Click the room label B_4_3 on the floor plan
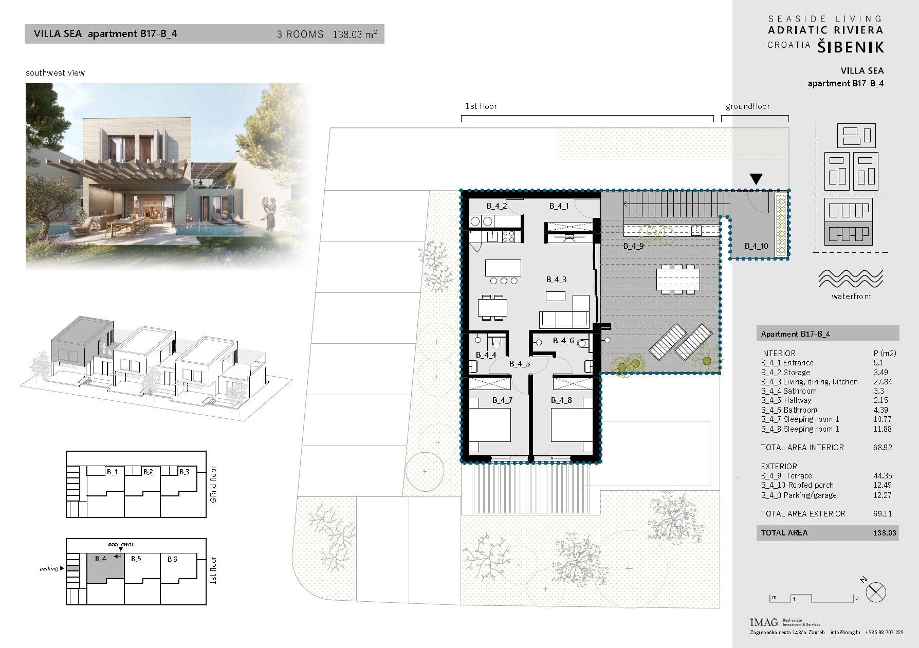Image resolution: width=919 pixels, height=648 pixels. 556,280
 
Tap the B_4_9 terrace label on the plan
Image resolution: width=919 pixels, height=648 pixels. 633,246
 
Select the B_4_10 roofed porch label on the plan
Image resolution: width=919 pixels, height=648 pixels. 756,246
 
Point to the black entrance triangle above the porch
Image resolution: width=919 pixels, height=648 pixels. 756,179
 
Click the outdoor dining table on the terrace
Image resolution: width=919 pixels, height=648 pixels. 678,279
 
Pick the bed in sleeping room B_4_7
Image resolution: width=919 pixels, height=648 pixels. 490,424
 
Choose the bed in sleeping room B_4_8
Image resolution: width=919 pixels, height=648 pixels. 572,424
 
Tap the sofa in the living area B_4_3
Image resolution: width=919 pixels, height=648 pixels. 564,312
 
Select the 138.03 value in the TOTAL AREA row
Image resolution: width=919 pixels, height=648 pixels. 884,533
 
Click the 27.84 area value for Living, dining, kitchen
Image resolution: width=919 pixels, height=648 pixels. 883,382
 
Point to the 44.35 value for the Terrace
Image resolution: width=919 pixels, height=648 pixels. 883,476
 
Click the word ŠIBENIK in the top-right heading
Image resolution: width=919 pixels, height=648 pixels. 851,47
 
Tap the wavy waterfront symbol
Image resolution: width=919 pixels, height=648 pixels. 851,279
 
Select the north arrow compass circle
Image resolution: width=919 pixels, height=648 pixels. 876,593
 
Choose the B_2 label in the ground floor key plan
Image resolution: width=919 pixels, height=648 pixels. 148,471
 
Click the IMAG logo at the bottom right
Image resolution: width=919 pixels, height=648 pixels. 764,622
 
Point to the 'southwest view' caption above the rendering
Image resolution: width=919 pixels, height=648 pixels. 56,73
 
